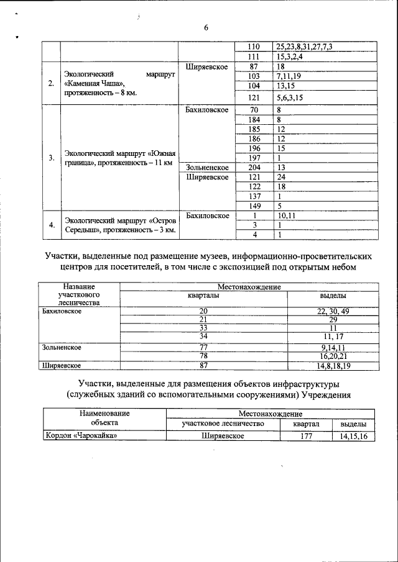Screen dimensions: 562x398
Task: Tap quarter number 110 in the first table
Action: pyautogui.click(x=253, y=47)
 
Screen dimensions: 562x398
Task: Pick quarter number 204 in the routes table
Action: pyautogui.click(x=254, y=168)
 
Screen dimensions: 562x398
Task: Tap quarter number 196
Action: pyautogui.click(x=254, y=148)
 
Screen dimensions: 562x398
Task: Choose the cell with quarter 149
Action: pyautogui.click(x=254, y=206)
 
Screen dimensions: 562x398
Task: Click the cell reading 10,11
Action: pyautogui.click(x=287, y=215)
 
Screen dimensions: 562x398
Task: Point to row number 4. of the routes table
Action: pyautogui.click(x=51, y=225)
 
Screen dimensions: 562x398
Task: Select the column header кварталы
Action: pyautogui.click(x=203, y=296)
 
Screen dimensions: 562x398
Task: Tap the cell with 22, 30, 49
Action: pyautogui.click(x=333, y=311)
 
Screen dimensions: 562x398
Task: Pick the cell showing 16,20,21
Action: pyautogui.click(x=333, y=356)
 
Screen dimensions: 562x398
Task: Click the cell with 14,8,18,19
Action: pyautogui.click(x=333, y=366)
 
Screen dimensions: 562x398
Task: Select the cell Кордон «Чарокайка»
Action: pyautogui.click(x=81, y=437)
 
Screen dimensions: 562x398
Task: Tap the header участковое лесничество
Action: pyautogui.click(x=223, y=424)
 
